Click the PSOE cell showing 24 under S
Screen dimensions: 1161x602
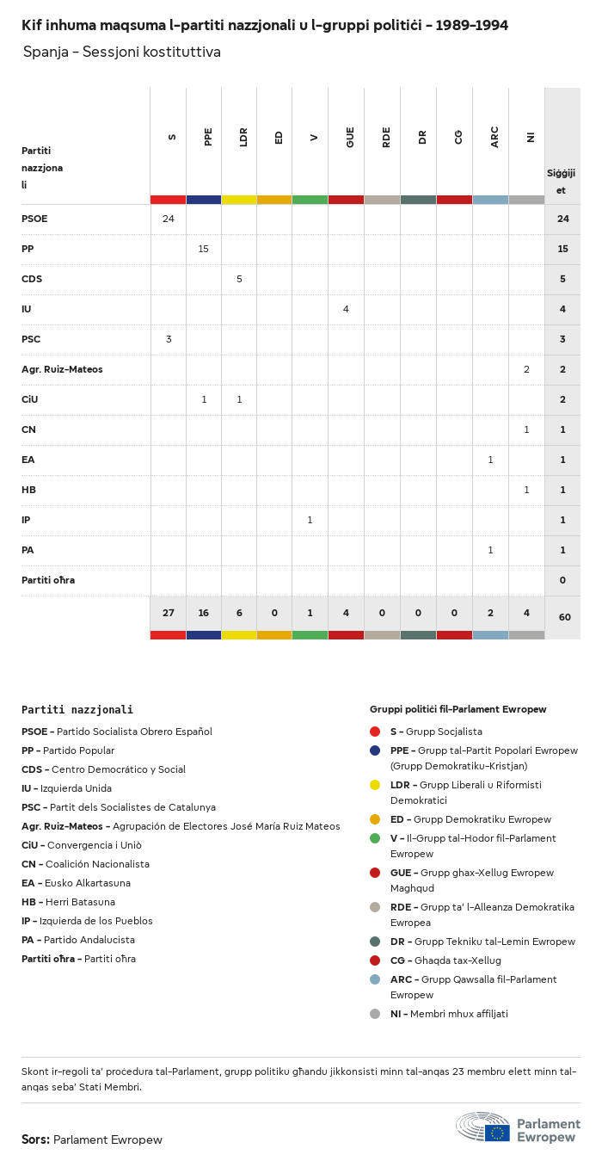(169, 219)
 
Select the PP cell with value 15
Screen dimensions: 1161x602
(204, 249)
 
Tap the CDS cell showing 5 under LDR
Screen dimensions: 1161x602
(239, 279)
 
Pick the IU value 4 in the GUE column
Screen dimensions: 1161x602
(346, 309)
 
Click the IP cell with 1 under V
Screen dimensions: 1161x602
(310, 520)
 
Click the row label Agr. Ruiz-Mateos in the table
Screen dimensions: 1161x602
(62, 369)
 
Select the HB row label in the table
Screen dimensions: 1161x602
(28, 490)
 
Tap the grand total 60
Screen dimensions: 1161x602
(562, 617)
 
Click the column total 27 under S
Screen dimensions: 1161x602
(169, 613)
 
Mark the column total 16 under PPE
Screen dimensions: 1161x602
(204, 613)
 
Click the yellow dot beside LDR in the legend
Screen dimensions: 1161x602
(375, 785)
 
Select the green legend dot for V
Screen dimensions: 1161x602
(375, 838)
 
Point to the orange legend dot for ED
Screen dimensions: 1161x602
(375, 819)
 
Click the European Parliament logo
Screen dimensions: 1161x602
(518, 1127)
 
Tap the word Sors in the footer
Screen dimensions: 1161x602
(35, 1139)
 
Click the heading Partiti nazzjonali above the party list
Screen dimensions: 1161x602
(77, 710)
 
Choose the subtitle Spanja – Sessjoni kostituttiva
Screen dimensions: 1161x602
(122, 52)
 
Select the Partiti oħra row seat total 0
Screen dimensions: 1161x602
(562, 580)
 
